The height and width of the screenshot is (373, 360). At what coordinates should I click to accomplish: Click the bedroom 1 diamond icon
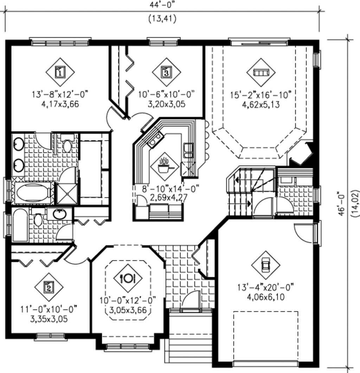[x=60, y=72]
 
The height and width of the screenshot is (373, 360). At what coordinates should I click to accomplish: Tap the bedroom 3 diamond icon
[x=166, y=72]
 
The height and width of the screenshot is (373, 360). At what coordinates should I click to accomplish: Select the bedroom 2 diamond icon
[x=49, y=287]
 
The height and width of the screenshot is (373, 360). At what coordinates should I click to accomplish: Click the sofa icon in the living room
[x=261, y=72]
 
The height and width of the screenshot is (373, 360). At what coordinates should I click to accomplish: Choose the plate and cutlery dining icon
[x=128, y=278]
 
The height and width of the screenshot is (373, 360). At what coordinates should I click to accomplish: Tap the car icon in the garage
[x=265, y=265]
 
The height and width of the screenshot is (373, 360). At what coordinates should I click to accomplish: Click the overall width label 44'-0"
[x=162, y=5]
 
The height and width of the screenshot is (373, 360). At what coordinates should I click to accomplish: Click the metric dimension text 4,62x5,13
[x=261, y=104]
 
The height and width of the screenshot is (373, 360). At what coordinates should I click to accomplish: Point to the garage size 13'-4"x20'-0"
[x=265, y=287]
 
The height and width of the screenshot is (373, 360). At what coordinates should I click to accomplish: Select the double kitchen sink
[x=188, y=150]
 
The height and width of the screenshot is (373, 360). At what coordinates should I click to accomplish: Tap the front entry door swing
[x=191, y=301]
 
